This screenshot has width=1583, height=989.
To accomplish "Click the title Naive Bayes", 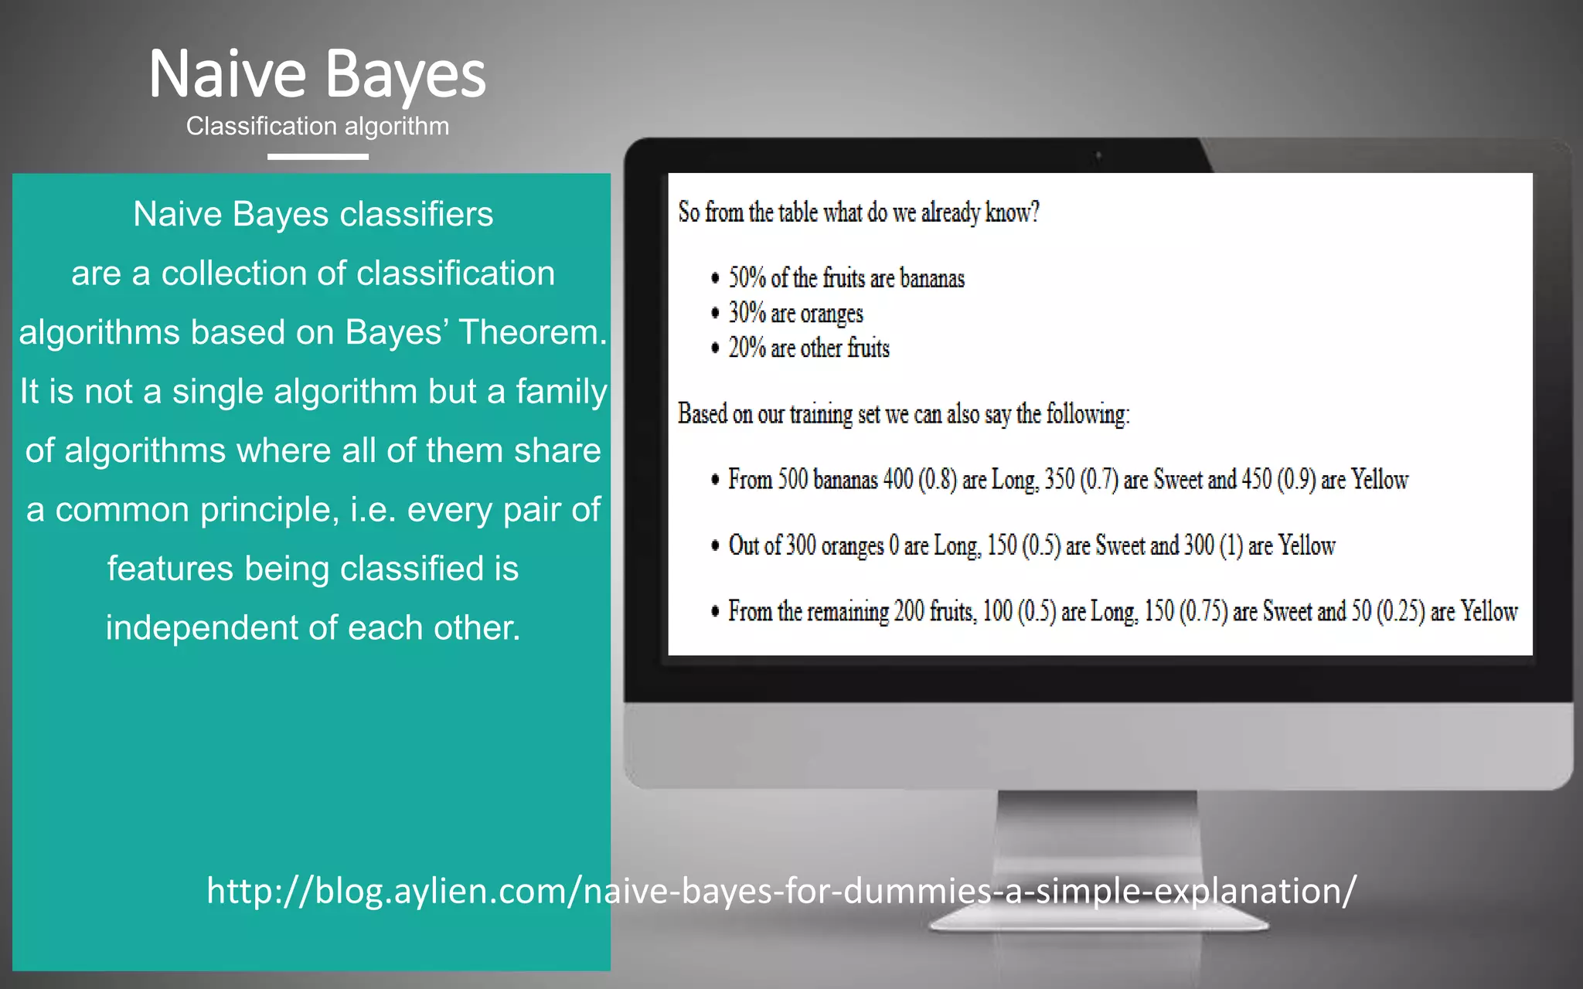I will pos(317,74).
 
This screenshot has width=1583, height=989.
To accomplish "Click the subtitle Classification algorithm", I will pos(317,126).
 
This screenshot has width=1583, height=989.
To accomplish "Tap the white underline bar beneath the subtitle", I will pos(318,157).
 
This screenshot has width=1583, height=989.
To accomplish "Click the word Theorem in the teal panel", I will pos(533,332).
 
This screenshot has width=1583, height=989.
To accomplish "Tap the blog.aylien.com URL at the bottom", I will pos(781,891).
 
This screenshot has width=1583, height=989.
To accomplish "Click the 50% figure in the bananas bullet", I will pos(747,277).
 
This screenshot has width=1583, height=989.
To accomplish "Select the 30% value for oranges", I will pos(747,313).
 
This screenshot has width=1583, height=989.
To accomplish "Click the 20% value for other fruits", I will pos(747,348).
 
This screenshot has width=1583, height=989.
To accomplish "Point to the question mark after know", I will pos(1035,212).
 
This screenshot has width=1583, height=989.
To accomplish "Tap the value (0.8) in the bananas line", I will pos(937,480).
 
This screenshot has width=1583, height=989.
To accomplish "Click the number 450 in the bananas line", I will pos(1256,480).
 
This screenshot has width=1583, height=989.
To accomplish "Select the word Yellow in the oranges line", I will pos(1306,545).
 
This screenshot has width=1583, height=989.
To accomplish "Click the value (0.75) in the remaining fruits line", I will pos(1203,611).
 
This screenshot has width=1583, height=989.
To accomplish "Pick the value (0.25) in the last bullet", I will pos(1401,611).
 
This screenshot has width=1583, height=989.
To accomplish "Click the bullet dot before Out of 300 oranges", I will pos(715,546).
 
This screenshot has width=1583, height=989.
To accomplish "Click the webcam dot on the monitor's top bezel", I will pos(1098,157).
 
